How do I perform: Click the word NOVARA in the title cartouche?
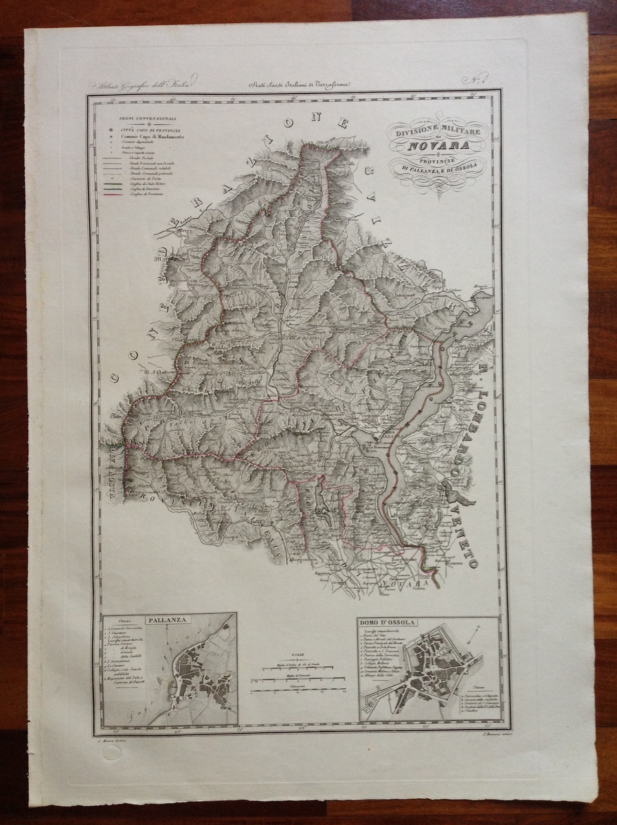click(438, 145)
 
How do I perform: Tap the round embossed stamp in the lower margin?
click(111, 753)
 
